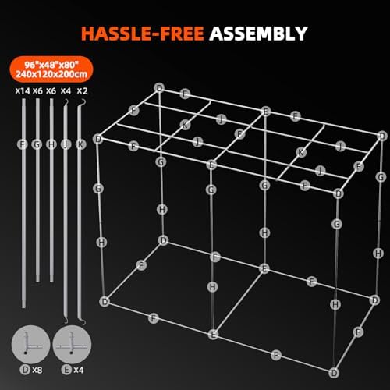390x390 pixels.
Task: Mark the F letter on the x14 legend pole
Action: click(22, 144)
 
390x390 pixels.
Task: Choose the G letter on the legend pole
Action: click(37, 144)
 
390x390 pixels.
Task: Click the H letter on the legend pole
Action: click(51, 144)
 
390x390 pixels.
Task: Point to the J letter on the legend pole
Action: click(66, 144)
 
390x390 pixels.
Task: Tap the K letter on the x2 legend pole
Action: click(81, 144)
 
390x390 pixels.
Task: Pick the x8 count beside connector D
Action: click(35, 369)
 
